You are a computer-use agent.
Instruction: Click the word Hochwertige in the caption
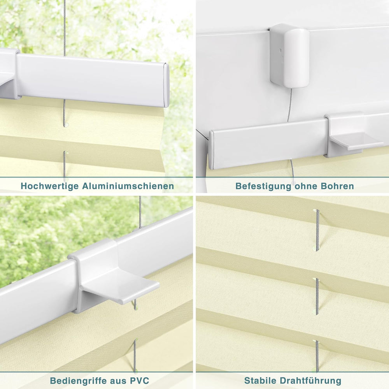pos(50,186)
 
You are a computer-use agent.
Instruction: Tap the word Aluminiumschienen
pos(128,186)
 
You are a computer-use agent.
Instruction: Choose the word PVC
pos(139,380)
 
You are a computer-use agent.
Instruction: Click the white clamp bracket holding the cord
pos(289,56)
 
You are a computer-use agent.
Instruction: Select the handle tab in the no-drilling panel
pos(357,142)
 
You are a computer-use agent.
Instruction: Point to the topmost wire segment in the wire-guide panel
pos(317,230)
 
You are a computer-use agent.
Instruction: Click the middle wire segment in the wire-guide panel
pos(317,296)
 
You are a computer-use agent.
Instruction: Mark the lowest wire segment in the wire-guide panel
pos(317,356)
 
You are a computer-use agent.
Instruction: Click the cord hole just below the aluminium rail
pos(66,125)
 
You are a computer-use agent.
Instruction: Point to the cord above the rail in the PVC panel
pos(140,212)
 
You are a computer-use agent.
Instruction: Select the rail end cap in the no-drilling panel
pos(212,150)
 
